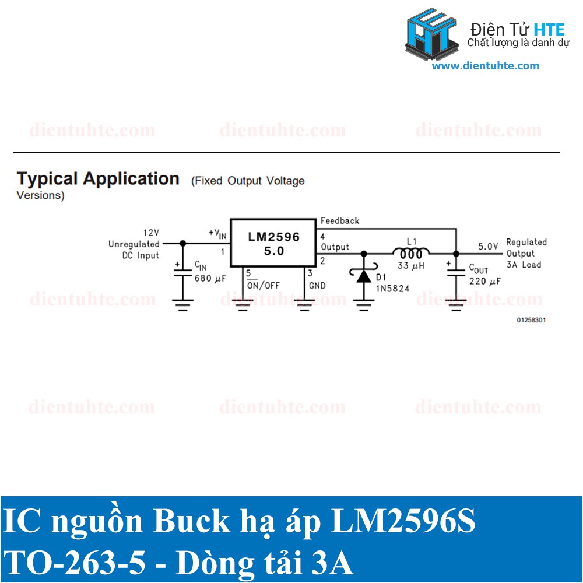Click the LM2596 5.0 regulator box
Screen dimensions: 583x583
(x=273, y=243)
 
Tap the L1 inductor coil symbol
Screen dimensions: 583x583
(x=411, y=252)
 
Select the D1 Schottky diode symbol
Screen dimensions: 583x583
(x=364, y=276)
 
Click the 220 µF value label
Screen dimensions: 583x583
(x=485, y=281)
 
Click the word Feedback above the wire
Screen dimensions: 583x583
(x=340, y=221)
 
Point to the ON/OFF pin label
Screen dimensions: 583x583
(x=262, y=286)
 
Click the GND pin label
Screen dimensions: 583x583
(x=317, y=286)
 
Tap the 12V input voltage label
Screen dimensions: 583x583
(x=151, y=233)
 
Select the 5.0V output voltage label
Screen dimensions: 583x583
(x=488, y=246)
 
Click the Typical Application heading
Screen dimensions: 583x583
(x=98, y=178)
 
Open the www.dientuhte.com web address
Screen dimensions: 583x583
(x=485, y=66)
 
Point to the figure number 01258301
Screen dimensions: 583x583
(x=531, y=320)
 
